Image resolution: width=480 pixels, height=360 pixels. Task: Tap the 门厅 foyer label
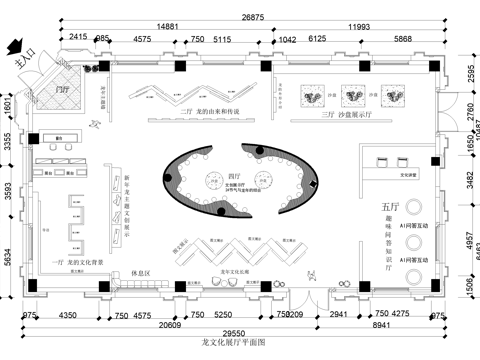[x=66, y=89]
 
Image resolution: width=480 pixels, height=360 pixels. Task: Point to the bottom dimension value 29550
[x=234, y=332]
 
